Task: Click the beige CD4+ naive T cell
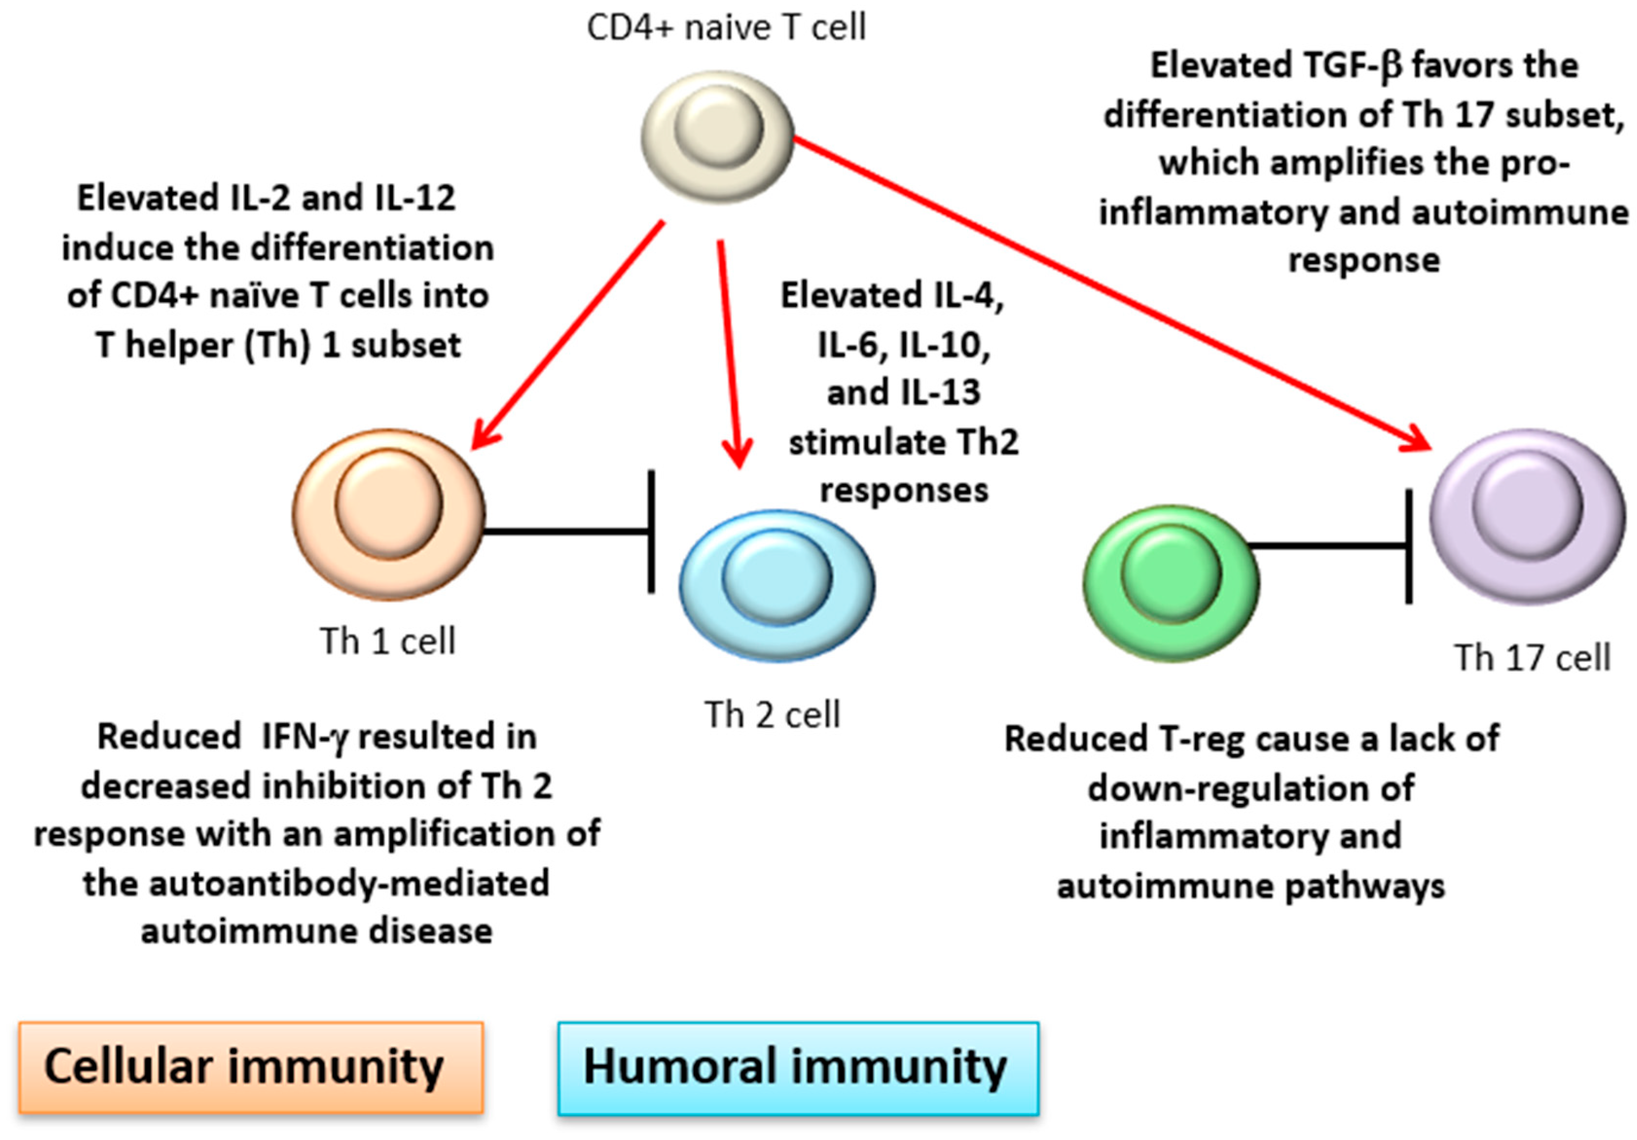[717, 136]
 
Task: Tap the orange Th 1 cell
[389, 514]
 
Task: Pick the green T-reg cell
[1171, 583]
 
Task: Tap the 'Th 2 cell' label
[772, 714]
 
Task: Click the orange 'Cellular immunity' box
[251, 1067]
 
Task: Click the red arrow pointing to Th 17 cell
[1113, 294]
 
